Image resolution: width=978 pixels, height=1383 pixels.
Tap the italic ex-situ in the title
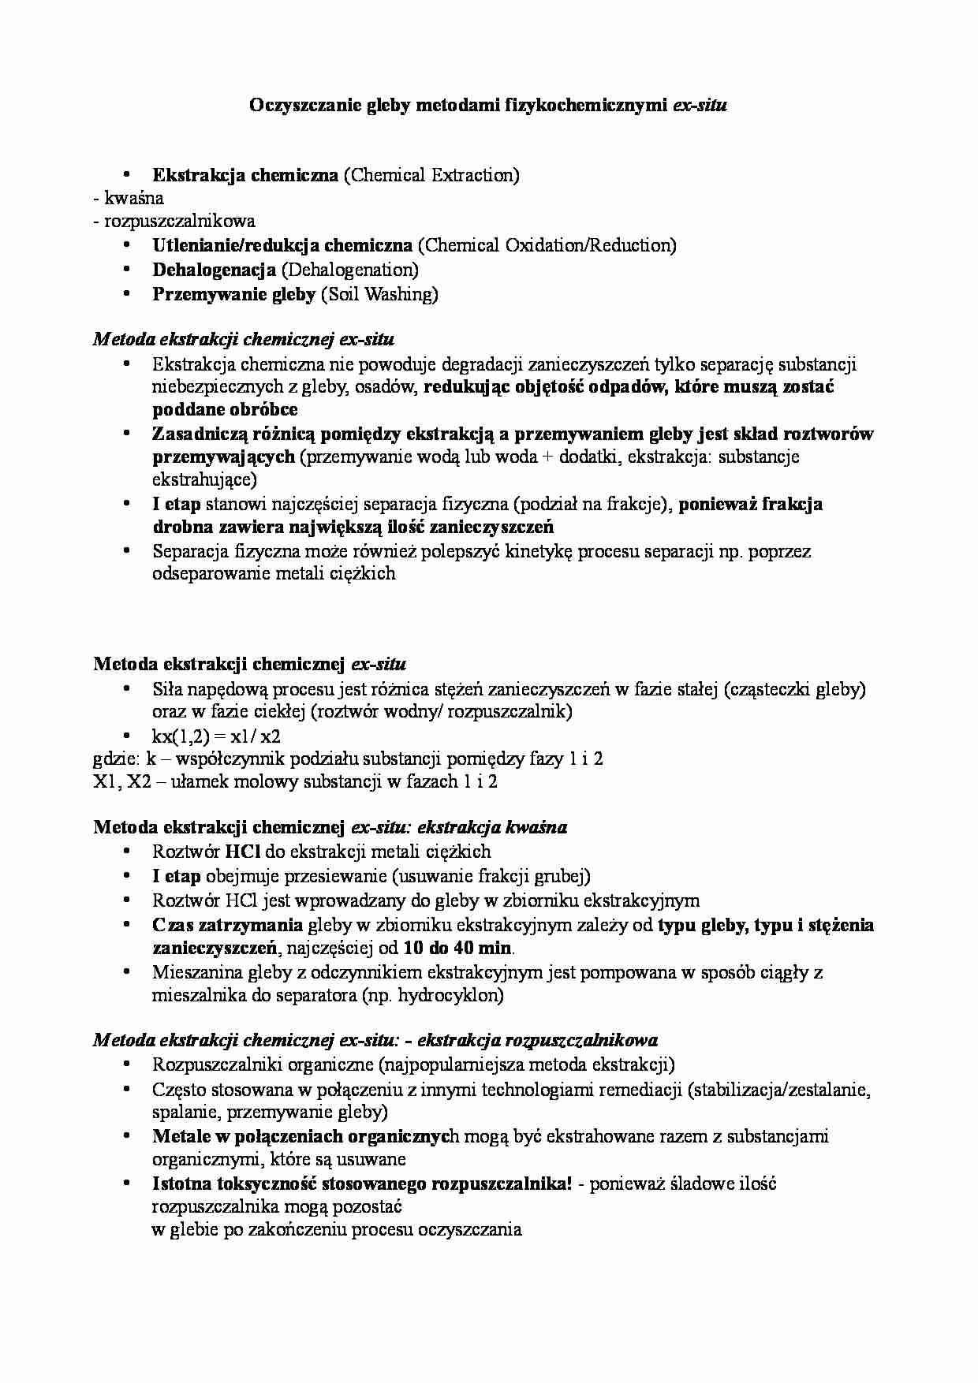pos(699,104)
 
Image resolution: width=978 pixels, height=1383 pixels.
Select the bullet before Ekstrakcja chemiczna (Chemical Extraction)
pos(127,174)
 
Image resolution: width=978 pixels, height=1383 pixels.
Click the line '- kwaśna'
pos(129,198)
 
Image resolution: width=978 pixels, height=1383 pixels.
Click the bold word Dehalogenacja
pos(214,270)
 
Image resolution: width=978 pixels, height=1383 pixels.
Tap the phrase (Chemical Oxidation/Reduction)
pos(547,245)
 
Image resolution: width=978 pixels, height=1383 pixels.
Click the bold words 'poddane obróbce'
pos(225,409)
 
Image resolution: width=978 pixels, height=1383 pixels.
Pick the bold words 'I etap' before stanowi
pos(177,504)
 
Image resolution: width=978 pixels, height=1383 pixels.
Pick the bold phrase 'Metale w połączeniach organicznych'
pos(305,1136)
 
